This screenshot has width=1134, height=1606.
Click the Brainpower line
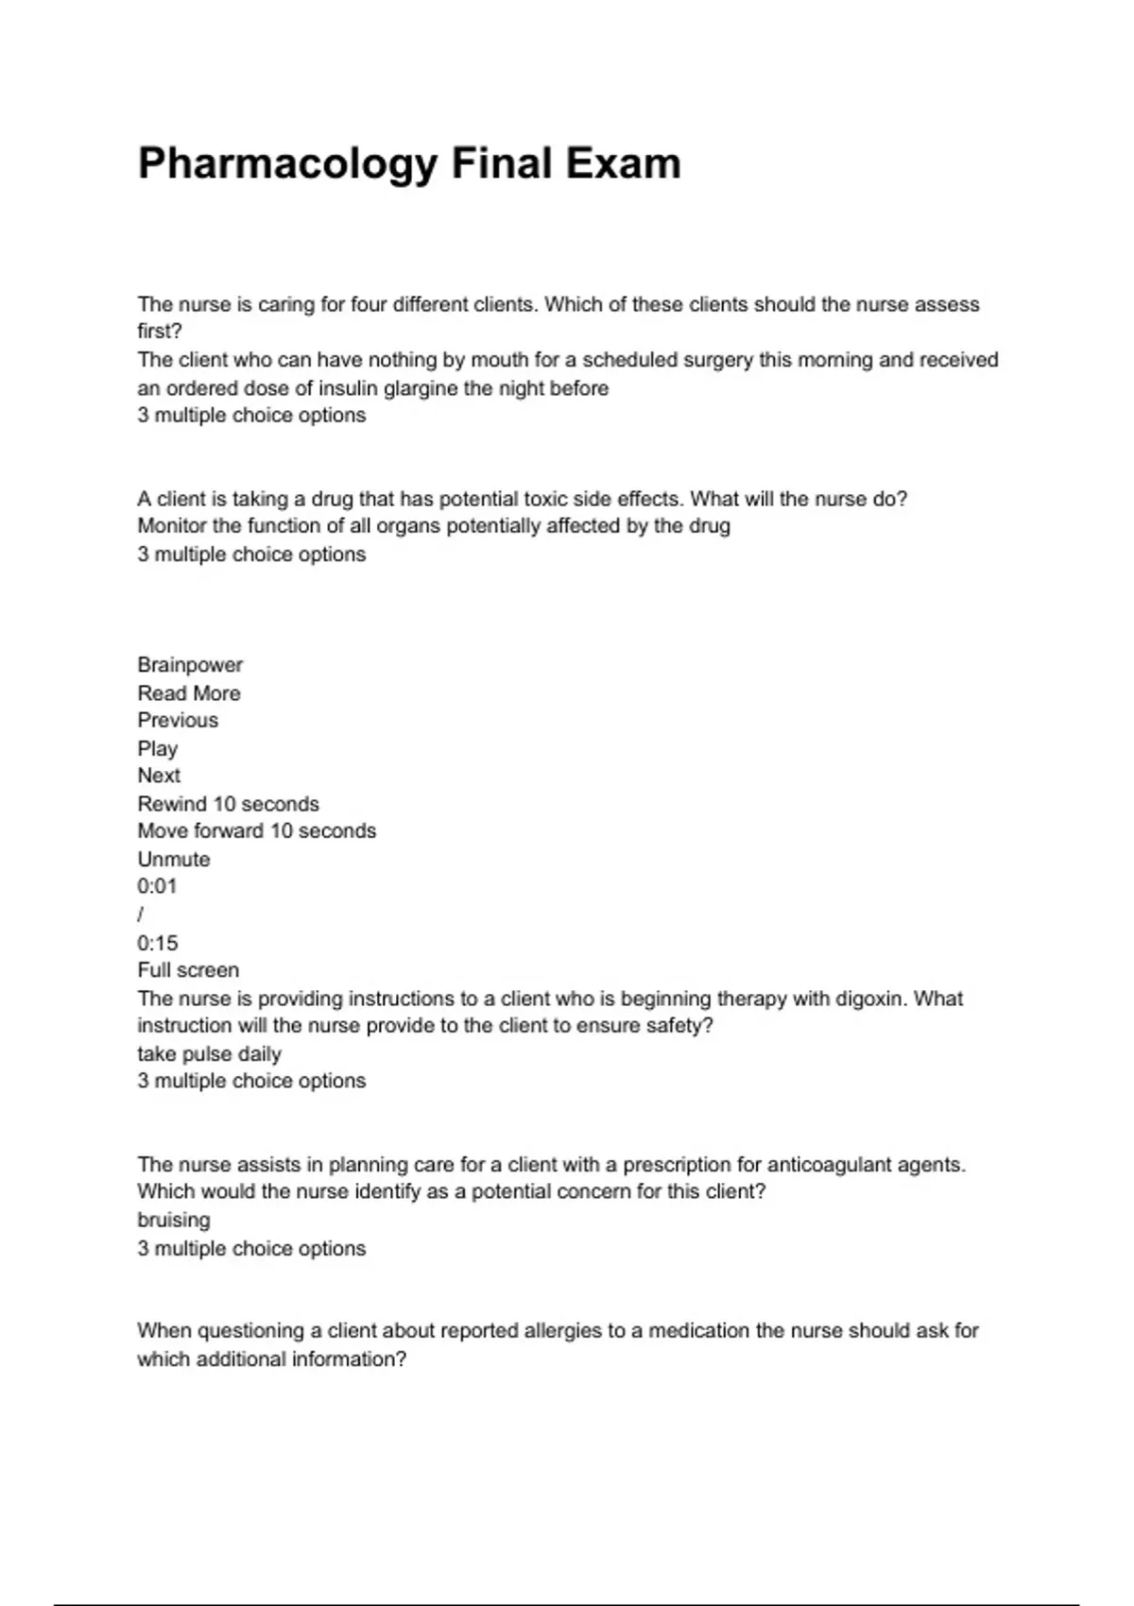(x=190, y=665)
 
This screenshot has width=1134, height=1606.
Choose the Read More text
(x=189, y=693)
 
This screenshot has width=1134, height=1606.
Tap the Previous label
(x=178, y=721)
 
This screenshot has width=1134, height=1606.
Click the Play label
(x=157, y=749)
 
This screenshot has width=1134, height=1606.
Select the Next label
(x=159, y=776)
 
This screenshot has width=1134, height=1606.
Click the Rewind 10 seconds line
(x=228, y=804)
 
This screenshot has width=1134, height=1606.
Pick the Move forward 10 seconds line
(x=256, y=831)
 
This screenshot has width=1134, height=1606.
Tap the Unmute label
(x=174, y=860)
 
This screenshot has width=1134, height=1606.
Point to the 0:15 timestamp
(x=157, y=943)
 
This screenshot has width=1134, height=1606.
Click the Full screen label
(x=188, y=970)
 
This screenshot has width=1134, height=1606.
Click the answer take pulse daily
(x=209, y=1054)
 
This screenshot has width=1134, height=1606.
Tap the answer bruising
(x=174, y=1221)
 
